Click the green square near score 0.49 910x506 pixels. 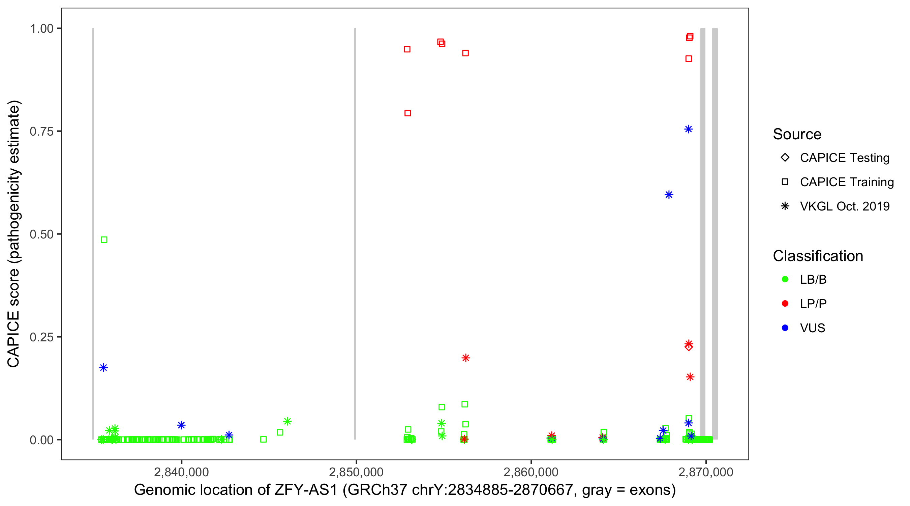pyautogui.click(x=104, y=240)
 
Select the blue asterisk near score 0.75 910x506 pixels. pyautogui.click(x=688, y=129)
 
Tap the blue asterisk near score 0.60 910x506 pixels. pyautogui.click(x=668, y=195)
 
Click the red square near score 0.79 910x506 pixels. pyautogui.click(x=407, y=113)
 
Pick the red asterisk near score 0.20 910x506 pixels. pyautogui.click(x=465, y=358)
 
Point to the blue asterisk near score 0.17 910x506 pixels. pyautogui.click(x=103, y=368)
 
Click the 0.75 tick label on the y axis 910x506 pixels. pyautogui.click(x=41, y=132)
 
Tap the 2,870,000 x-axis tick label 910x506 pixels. pyautogui.click(x=705, y=472)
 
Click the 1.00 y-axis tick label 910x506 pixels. pyautogui.click(x=41, y=29)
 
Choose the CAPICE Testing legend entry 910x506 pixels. pyautogui.click(x=844, y=158)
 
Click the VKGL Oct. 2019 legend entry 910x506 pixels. pyautogui.click(x=844, y=206)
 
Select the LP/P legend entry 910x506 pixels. pyautogui.click(x=813, y=304)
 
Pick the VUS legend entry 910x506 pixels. pyautogui.click(x=812, y=328)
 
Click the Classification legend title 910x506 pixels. pyautogui.click(x=817, y=256)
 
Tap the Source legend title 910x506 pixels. pyautogui.click(x=797, y=134)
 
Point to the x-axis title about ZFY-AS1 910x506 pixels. pyautogui.click(x=404, y=490)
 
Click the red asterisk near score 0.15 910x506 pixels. pyautogui.click(x=690, y=377)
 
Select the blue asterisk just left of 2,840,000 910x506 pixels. pyautogui.click(x=181, y=425)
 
